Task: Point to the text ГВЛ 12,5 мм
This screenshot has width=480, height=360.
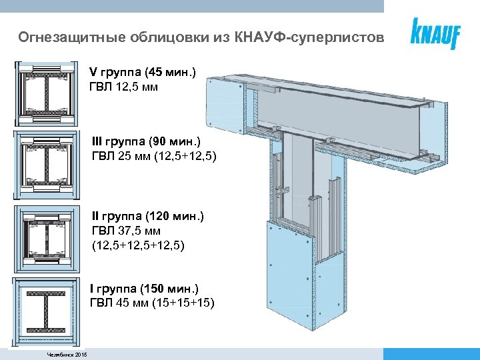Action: pyautogui.click(x=123, y=87)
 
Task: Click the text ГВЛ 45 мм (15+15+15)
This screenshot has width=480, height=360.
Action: pyautogui.click(x=151, y=303)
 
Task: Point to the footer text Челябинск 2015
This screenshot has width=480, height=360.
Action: pyautogui.click(x=67, y=353)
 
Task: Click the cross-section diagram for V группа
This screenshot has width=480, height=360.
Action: pyautogui.click(x=45, y=93)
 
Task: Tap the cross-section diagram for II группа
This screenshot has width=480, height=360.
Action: pyautogui.click(x=45, y=238)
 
